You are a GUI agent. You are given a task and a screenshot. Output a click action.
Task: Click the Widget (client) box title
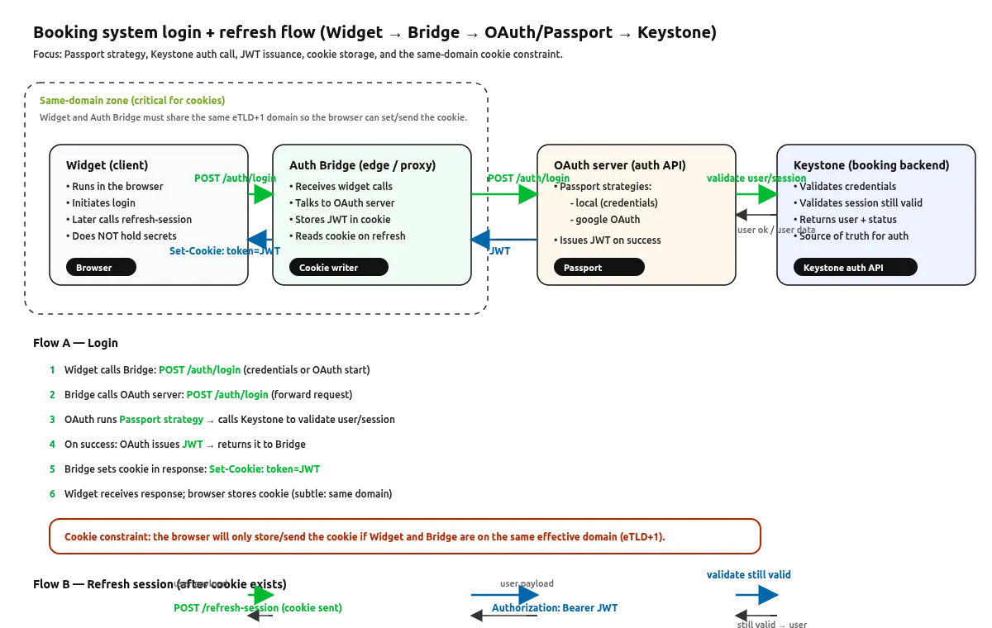click(107, 165)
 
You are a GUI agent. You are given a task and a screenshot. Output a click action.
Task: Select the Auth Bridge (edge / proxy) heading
click(362, 165)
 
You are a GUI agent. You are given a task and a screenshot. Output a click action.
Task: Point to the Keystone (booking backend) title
click(870, 165)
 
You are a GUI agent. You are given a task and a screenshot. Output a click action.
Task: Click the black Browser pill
click(101, 268)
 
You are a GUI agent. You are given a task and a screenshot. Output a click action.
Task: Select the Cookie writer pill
click(338, 268)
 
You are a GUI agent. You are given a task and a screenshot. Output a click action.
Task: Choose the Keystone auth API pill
click(855, 268)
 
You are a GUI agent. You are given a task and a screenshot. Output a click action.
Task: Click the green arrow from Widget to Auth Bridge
click(260, 194)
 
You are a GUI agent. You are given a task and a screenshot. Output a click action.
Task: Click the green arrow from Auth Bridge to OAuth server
click(504, 194)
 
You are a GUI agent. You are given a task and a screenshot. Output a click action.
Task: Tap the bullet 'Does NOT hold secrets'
click(123, 236)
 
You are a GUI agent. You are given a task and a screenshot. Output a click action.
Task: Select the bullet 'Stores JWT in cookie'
click(342, 220)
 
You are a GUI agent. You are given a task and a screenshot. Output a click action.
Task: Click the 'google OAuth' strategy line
click(608, 220)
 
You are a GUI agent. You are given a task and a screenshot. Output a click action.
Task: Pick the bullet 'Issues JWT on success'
click(610, 240)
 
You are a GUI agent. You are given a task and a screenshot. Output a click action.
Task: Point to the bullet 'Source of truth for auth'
click(853, 236)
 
